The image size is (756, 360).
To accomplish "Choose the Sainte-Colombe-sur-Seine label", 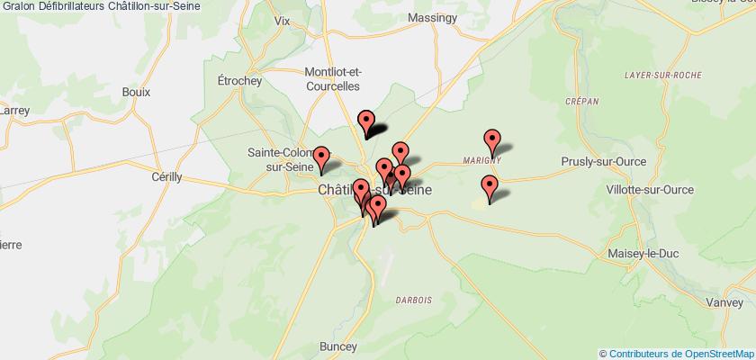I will (280, 159).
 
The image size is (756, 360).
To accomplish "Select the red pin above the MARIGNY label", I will (492, 141).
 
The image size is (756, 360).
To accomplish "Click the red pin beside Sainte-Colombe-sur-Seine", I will (320, 159).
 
